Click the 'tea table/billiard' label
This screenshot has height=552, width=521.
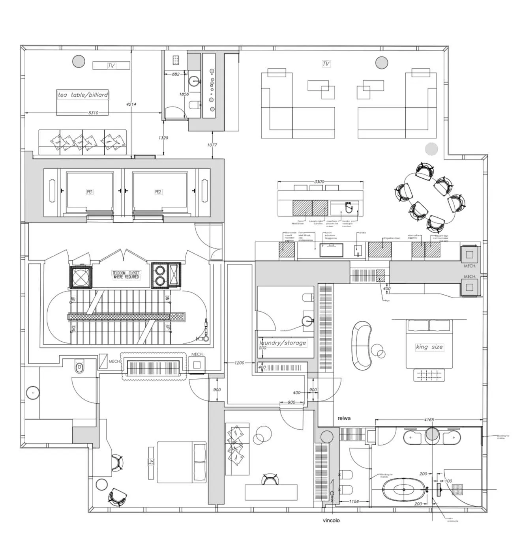tap(82, 95)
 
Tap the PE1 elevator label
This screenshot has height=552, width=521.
tap(90, 192)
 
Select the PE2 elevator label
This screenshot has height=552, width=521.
tap(158, 192)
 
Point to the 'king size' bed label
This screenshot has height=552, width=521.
tap(429, 347)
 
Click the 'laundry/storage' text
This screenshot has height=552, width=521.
tap(283, 343)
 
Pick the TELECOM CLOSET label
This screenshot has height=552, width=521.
tap(126, 275)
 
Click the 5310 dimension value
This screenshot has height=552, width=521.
tap(93, 113)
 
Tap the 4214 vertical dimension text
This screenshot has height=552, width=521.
tap(131, 104)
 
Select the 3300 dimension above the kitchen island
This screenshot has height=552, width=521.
tap(319, 182)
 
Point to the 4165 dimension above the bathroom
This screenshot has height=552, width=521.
tap(429, 420)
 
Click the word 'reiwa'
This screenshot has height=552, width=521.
tap(344, 418)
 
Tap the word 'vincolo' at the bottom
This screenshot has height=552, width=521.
tap(331, 520)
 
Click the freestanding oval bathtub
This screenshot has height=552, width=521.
tap(403, 490)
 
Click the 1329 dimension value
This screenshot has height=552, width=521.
tap(163, 138)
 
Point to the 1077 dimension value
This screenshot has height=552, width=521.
tap(212, 145)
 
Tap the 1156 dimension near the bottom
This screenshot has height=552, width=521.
tap(354, 501)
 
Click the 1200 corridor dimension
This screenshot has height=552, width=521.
tap(239, 363)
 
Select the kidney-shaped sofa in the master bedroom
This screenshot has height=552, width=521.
tap(361, 345)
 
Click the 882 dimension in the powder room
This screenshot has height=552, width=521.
tap(176, 74)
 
